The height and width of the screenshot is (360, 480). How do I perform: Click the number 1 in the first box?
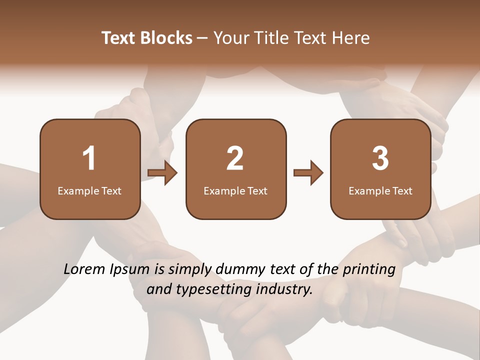89,158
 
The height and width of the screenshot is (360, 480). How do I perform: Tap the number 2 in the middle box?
235,158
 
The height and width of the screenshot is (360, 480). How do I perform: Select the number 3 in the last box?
380,158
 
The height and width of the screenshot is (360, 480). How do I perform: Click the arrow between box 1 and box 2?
163,173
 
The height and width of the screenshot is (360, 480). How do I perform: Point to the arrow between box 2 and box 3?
308,173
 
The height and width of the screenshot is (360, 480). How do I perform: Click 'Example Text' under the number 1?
89,190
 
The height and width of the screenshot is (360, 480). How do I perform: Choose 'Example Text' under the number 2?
235,190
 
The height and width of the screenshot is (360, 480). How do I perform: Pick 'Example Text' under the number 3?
380,190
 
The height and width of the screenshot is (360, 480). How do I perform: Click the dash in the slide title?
202,38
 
